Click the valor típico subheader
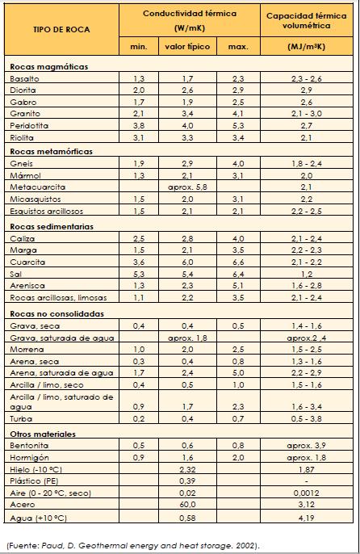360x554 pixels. [187, 48]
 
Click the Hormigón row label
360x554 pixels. [27, 457]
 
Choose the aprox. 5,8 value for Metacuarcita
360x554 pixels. [187, 187]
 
